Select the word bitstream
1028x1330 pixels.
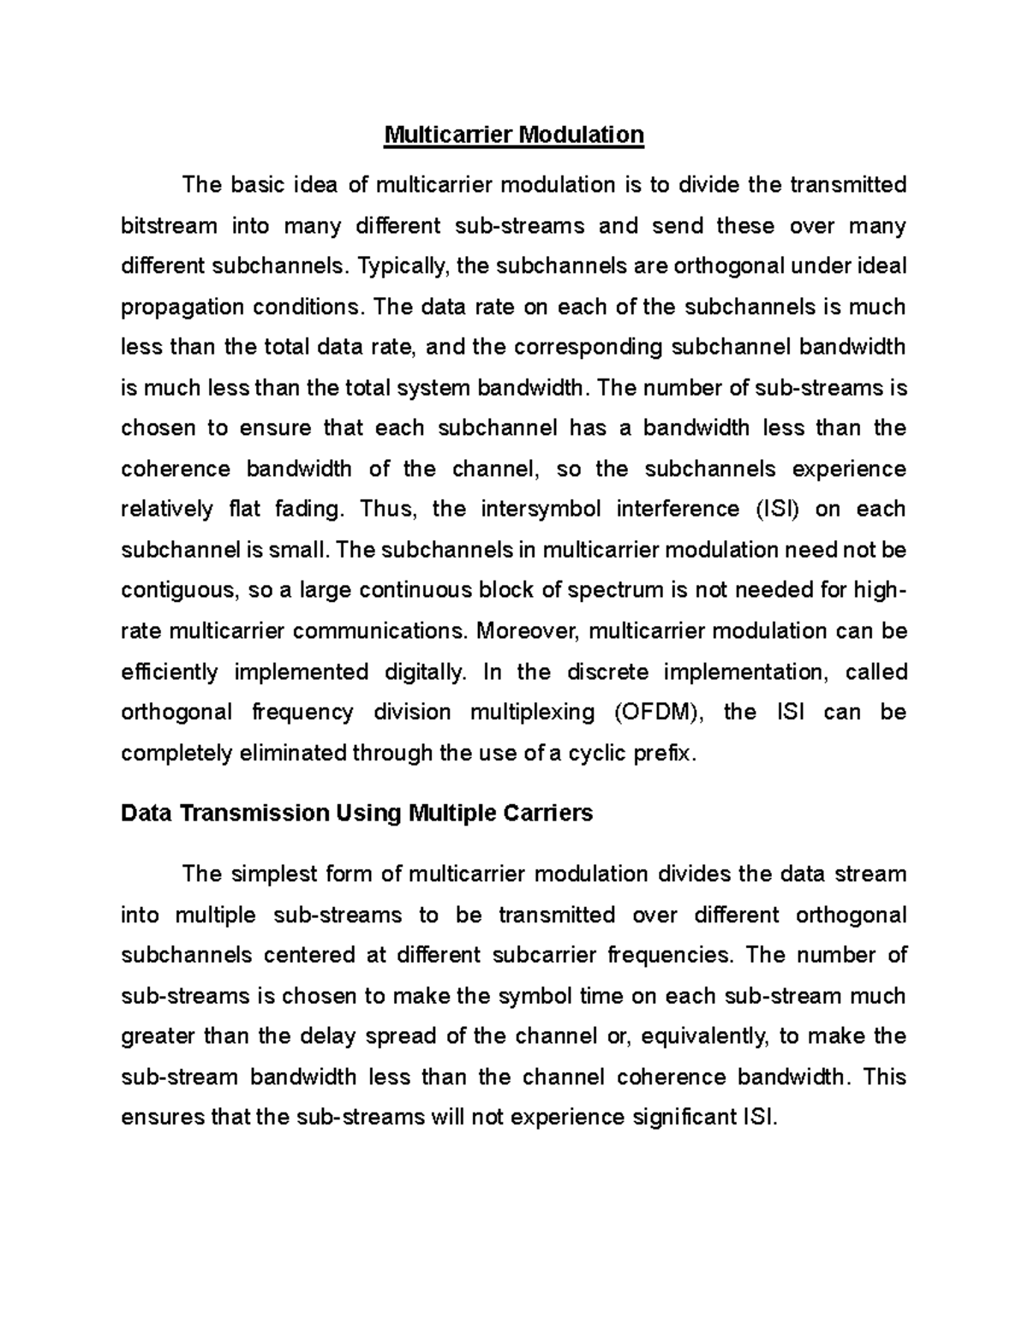tap(170, 226)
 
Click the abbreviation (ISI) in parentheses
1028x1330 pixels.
tap(777, 509)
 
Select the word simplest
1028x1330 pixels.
tap(276, 874)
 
